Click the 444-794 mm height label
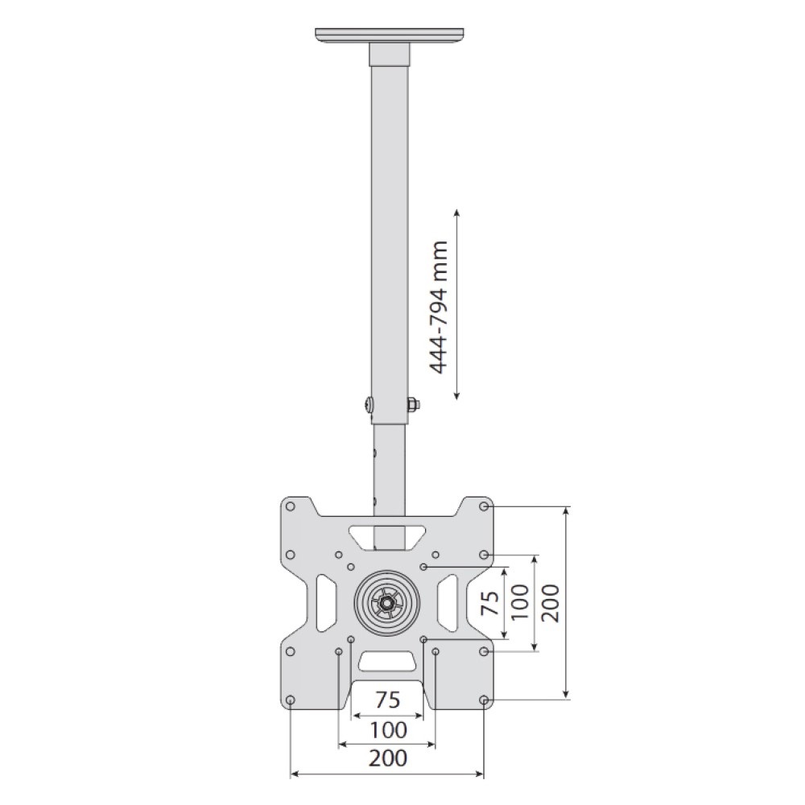coord(439,306)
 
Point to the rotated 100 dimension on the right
coord(520,602)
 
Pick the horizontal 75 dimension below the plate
coord(388,700)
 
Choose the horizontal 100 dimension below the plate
coord(388,730)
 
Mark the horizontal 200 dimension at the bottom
coord(388,758)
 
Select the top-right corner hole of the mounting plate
coord(484,507)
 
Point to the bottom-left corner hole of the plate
coord(291,700)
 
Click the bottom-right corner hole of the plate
coord(484,700)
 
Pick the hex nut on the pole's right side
coord(412,404)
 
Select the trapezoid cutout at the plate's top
coord(387,535)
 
